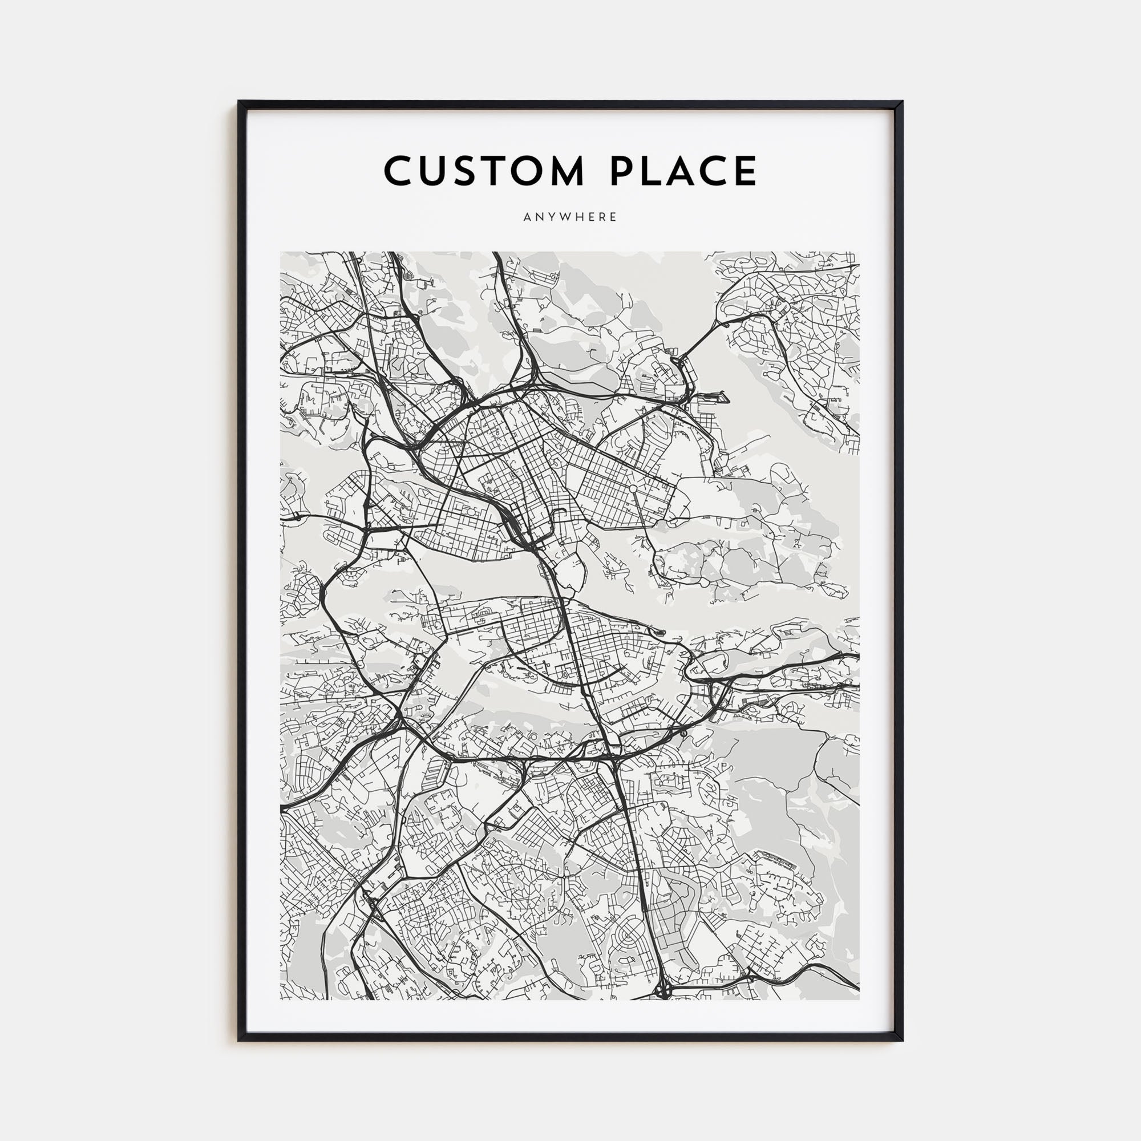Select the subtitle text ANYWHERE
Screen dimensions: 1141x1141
click(570, 217)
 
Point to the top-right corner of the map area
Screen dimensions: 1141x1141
click(859, 252)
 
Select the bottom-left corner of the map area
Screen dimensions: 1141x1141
click(281, 1000)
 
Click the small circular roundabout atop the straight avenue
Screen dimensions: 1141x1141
click(632, 488)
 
